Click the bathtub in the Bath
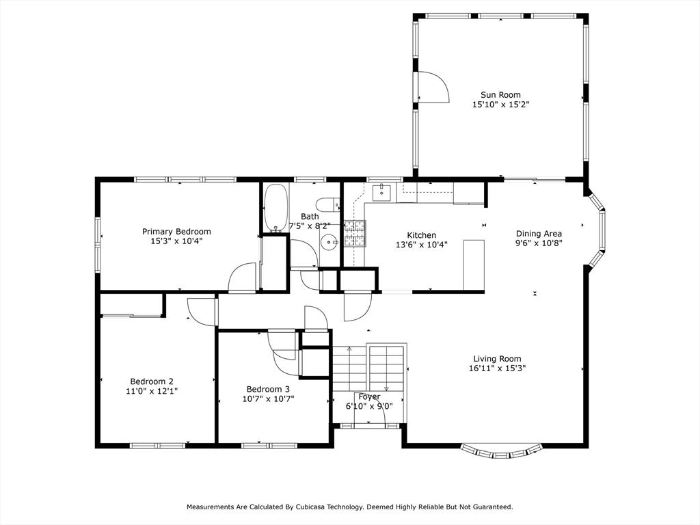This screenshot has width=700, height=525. (276, 208)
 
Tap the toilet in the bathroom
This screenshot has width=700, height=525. (328, 204)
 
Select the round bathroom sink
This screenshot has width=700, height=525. (329, 241)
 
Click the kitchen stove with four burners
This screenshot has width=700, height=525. (354, 233)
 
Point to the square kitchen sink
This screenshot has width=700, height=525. (381, 193)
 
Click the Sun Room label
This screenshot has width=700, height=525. (500, 95)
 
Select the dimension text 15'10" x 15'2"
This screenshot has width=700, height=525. (500, 105)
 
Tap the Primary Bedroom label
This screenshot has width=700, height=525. (176, 232)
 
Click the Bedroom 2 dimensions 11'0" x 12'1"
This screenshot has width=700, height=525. (152, 391)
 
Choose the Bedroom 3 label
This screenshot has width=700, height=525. (263, 389)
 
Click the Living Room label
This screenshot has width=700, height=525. (497, 359)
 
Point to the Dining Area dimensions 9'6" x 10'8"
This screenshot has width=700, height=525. (539, 243)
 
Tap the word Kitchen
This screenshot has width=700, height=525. (421, 235)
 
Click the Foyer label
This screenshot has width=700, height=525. (369, 396)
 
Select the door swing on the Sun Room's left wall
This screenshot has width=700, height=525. (432, 87)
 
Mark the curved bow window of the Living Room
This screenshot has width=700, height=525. (502, 452)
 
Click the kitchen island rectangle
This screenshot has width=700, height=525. (474, 265)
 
